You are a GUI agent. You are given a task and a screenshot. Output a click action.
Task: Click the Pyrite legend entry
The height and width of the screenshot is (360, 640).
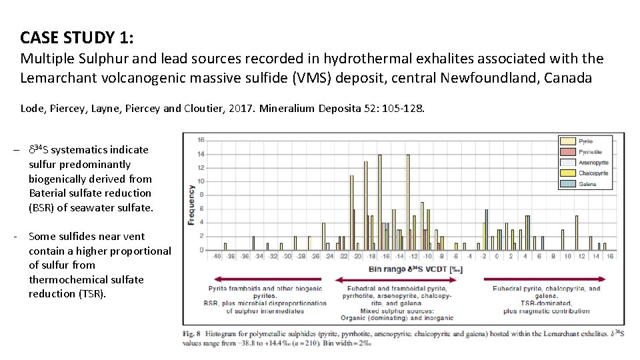point(585,141)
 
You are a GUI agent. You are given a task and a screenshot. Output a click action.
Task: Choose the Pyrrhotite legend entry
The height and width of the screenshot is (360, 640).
point(589,152)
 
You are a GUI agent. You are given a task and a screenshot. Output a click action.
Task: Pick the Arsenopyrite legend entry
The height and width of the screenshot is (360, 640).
point(592,162)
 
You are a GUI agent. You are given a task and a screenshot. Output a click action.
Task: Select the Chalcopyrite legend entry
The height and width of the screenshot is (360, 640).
point(592,173)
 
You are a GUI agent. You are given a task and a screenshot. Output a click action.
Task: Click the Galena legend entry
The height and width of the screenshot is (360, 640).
point(587,183)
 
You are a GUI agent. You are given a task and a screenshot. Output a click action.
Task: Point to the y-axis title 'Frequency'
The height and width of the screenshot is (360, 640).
point(191,205)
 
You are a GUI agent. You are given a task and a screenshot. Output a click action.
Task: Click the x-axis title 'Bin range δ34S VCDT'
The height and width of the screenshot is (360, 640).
point(415,270)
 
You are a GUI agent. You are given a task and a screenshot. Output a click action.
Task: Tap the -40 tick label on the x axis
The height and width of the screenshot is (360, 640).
point(216,256)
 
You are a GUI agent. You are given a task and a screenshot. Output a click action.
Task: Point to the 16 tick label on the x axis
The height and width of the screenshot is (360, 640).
point(609,256)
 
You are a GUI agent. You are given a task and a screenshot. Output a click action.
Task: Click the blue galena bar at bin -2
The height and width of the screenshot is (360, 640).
point(487,230)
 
